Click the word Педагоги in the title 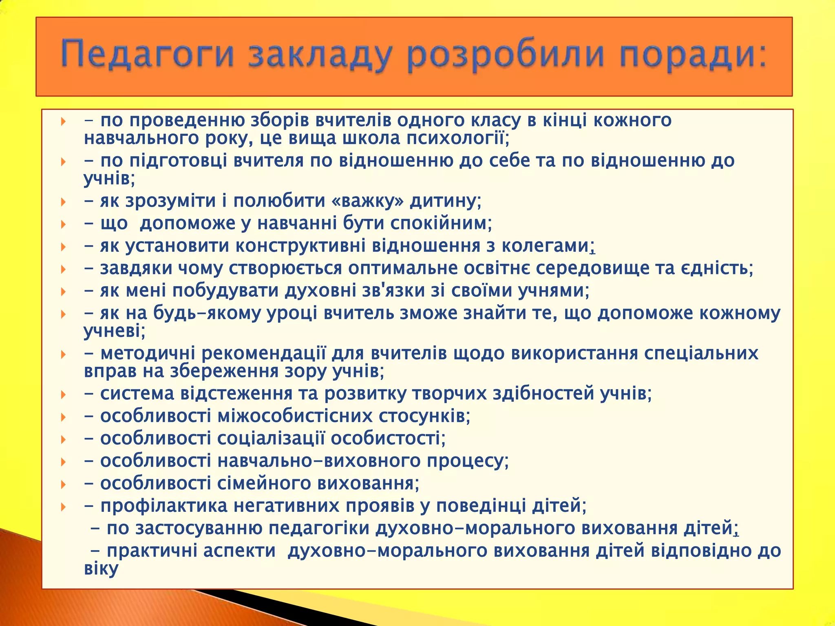(x=148, y=55)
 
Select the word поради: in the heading (x=693, y=55)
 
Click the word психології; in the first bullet (x=458, y=139)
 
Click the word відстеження (x=236, y=394)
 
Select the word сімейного (x=264, y=483)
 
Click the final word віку (x=101, y=569)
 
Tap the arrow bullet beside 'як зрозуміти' (x=63, y=202)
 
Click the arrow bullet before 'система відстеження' (x=63, y=395)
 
